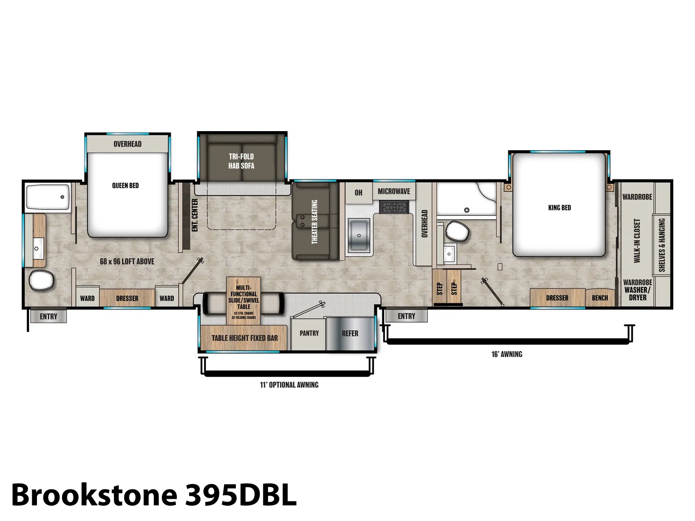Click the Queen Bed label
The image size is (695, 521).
pyautogui.click(x=126, y=185)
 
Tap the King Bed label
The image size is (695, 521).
pyautogui.click(x=559, y=208)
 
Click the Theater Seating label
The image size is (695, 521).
pyautogui.click(x=314, y=222)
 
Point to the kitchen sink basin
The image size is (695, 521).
pyautogui.click(x=359, y=235)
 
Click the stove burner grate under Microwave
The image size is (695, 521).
pyautogui.click(x=394, y=208)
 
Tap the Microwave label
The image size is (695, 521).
pyautogui.click(x=394, y=191)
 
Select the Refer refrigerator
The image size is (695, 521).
pyautogui.click(x=350, y=333)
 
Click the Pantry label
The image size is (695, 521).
pyautogui.click(x=309, y=333)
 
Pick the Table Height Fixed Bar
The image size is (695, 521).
pyautogui.click(x=244, y=338)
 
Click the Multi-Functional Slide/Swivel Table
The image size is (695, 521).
pyautogui.click(x=244, y=301)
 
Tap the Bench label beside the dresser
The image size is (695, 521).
pyautogui.click(x=600, y=298)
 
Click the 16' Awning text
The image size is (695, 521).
pyautogui.click(x=507, y=354)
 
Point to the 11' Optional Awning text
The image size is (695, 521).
pyautogui.click(x=289, y=385)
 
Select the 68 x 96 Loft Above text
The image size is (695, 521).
pyautogui.click(x=127, y=262)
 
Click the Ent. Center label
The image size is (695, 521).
pyautogui.click(x=195, y=215)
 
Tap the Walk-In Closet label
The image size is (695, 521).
pyautogui.click(x=637, y=241)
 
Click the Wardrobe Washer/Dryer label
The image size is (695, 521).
pyautogui.click(x=638, y=290)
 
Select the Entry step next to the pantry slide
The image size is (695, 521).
pyautogui.click(x=406, y=316)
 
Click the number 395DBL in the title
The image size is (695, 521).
pyautogui.click(x=241, y=495)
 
